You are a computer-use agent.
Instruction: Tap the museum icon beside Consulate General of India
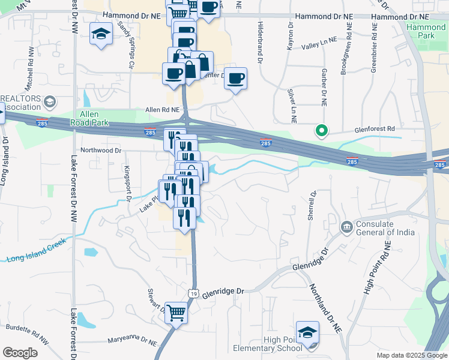click(346, 227)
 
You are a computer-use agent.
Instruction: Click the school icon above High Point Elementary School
click(307, 332)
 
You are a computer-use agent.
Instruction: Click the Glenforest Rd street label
click(375, 128)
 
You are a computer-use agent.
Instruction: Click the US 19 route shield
click(192, 293)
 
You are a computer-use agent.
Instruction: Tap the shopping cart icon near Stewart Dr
click(176, 311)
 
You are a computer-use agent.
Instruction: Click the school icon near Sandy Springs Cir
click(101, 34)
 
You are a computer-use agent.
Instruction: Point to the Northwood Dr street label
click(101, 151)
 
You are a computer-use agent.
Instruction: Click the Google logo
click(20, 353)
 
